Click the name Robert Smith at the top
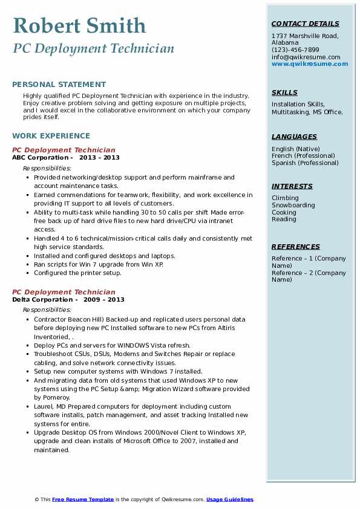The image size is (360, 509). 79,25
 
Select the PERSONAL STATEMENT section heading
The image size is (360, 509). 59,85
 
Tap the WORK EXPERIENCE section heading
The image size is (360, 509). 51,136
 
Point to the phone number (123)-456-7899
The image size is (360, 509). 295,50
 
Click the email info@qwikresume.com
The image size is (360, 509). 306,57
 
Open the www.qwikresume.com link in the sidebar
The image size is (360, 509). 310,64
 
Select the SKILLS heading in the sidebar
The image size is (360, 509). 284,92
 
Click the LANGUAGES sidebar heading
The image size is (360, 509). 294,137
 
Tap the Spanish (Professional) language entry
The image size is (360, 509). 305,163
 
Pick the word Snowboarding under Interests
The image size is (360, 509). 293,205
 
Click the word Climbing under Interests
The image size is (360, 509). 285,198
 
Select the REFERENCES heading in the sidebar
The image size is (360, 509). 295,247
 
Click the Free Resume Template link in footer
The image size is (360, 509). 83,499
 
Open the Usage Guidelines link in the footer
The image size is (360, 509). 229,499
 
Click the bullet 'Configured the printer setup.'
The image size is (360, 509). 77,273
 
